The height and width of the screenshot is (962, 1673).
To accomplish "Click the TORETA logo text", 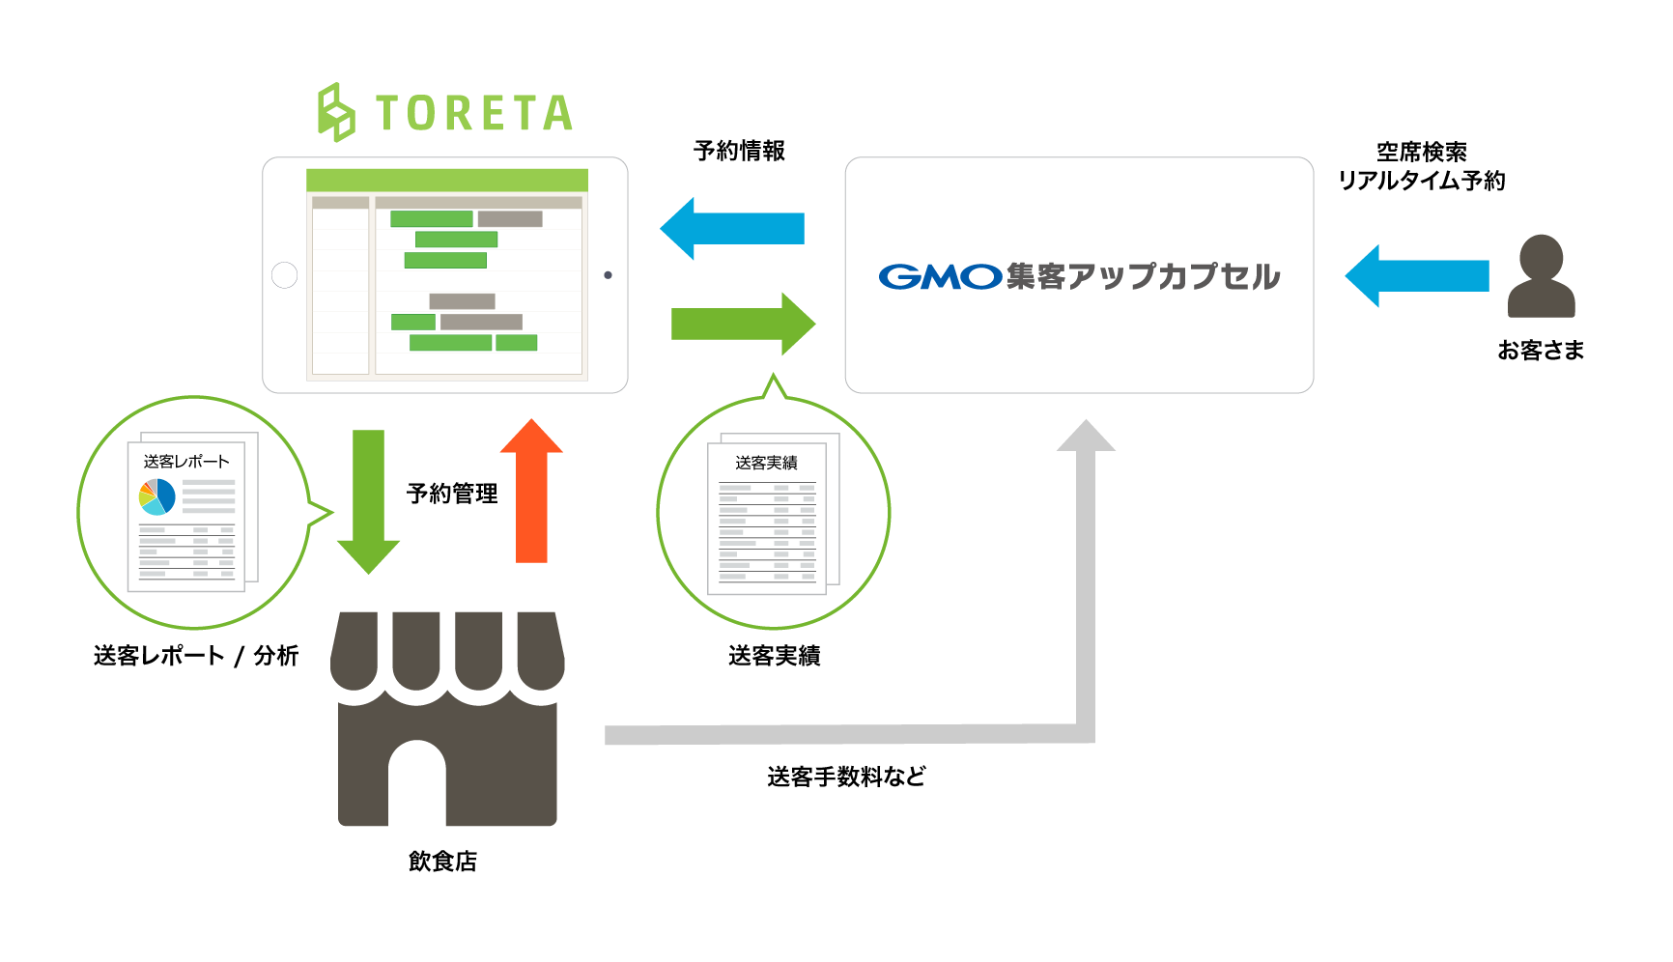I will coord(472,113).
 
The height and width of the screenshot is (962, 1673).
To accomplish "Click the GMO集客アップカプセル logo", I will coord(1079,276).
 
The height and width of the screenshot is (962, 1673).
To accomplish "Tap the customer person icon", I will coord(1541,276).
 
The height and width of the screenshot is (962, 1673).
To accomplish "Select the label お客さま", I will coord(1541,351).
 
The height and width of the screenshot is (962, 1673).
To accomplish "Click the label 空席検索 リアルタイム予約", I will coord(1421,166).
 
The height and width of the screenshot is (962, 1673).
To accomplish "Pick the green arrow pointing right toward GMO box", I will coord(742,325).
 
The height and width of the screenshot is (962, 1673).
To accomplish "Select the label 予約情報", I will coord(739,151).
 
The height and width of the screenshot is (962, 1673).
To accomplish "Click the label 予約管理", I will coord(452,494).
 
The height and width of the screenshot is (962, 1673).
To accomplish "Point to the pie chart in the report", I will coord(157,496).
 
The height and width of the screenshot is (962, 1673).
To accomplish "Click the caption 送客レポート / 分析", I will coord(196,656).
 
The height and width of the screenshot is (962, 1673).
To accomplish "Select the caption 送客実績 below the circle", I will coord(774,656).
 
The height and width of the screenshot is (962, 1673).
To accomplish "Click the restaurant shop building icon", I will coord(447,719).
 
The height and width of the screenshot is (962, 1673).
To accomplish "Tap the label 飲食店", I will coord(442,861).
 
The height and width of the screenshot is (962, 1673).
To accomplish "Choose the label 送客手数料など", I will coord(846,777).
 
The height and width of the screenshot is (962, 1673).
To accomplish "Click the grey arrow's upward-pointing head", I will coord(1086,437).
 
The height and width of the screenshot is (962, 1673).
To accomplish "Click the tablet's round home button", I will coord(285,275).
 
